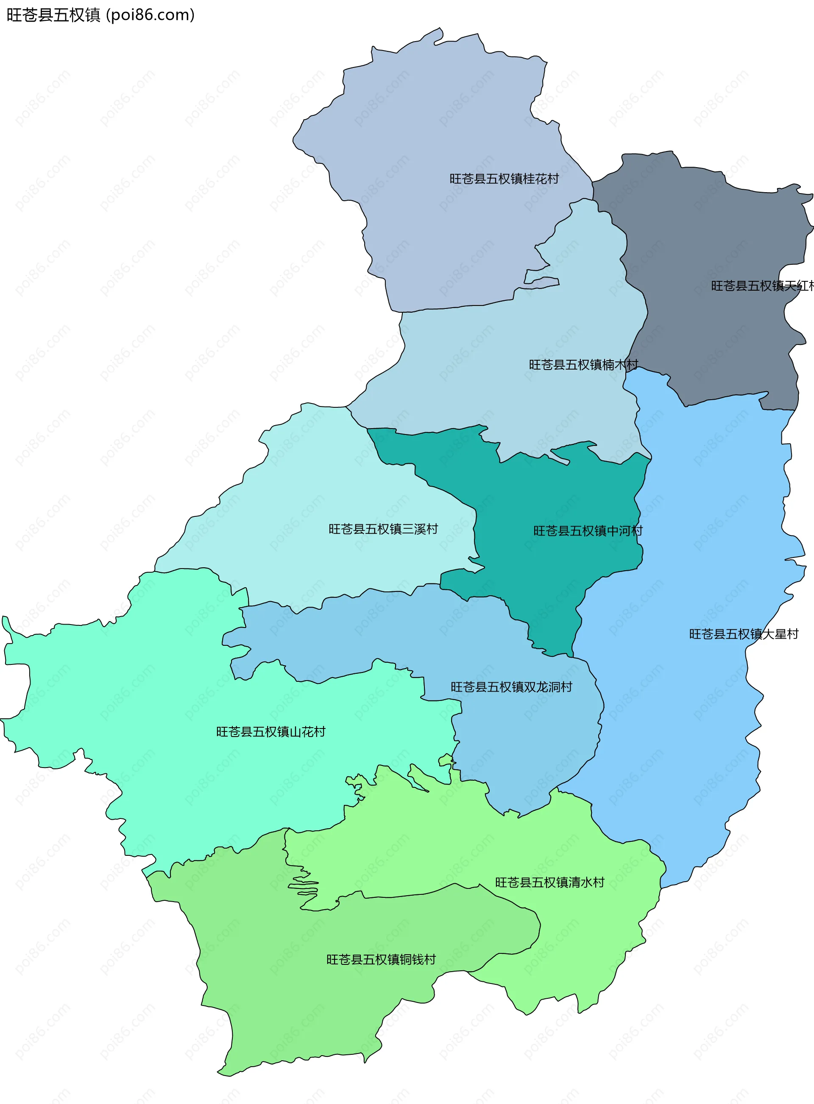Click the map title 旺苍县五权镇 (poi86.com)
click(100, 15)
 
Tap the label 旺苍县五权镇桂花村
click(504, 179)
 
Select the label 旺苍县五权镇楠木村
click(583, 364)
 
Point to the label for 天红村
click(761, 286)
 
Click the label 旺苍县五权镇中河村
click(588, 530)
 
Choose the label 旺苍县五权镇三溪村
click(383, 529)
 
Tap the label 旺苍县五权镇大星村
click(743, 633)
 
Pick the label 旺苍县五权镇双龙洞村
click(511, 687)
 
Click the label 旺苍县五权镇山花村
click(270, 731)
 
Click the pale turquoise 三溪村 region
click(320, 493)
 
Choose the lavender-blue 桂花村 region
click(443, 123)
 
